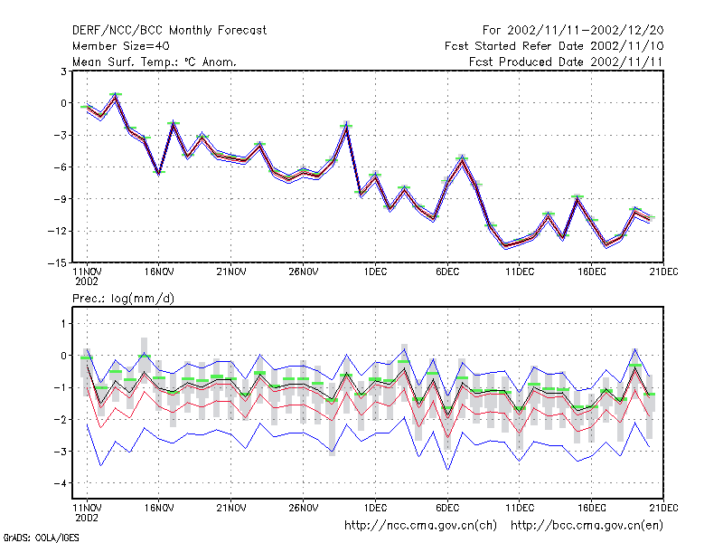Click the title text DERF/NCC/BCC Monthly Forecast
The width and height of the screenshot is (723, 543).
(x=169, y=31)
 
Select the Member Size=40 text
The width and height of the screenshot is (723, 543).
(x=121, y=46)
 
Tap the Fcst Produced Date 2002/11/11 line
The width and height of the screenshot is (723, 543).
(x=566, y=62)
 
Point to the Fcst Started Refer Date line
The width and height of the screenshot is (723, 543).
(x=554, y=46)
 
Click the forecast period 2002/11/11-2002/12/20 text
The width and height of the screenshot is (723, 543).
(x=585, y=31)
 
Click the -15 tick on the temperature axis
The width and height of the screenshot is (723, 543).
(x=57, y=262)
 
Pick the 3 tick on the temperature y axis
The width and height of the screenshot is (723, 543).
(x=63, y=71)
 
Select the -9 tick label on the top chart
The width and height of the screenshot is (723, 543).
(x=61, y=199)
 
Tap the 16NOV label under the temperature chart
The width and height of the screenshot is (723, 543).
(x=159, y=271)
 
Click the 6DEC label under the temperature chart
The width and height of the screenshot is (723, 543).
(x=447, y=271)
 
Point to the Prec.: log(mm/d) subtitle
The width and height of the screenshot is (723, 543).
(x=123, y=299)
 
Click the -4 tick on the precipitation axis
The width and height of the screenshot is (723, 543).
(x=61, y=483)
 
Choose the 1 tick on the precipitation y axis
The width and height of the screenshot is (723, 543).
(x=63, y=324)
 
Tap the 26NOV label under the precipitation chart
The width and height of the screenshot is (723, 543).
(x=303, y=508)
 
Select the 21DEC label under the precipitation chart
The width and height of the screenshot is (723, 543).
(x=663, y=508)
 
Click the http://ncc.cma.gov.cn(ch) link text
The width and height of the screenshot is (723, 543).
(x=420, y=526)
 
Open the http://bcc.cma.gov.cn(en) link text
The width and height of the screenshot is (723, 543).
(x=587, y=526)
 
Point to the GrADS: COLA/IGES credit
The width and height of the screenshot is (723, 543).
(x=41, y=538)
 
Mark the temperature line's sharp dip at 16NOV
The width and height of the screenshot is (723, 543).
(x=159, y=174)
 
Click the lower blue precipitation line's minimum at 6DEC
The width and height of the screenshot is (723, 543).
(x=447, y=470)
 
